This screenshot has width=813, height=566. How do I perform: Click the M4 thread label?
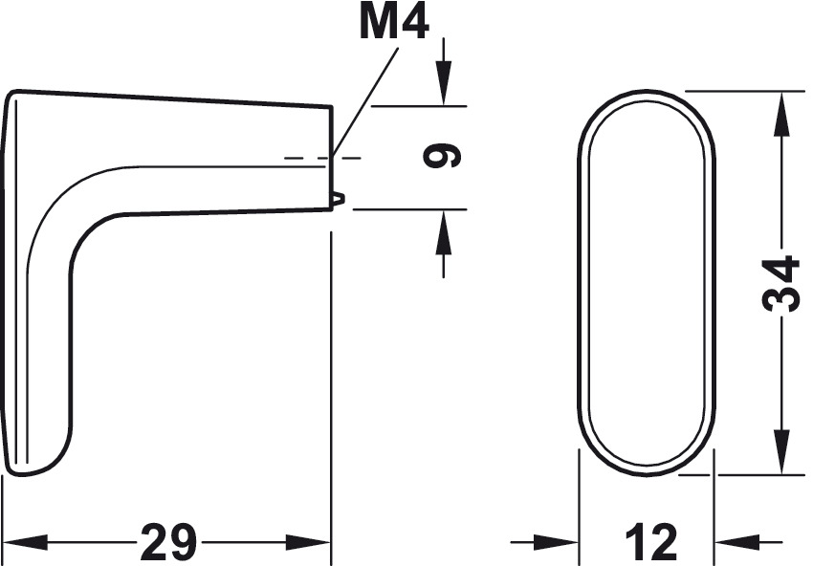[x=394, y=23]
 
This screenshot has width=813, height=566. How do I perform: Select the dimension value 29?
[x=169, y=543]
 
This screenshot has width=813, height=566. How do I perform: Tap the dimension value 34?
[x=780, y=284]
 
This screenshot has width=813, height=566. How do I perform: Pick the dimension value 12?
[x=651, y=543]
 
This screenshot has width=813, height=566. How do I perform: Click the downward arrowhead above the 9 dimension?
[x=443, y=83]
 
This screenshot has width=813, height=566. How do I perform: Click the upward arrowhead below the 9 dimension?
[x=443, y=231]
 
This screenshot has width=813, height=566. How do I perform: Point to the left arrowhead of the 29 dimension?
[x=25, y=543]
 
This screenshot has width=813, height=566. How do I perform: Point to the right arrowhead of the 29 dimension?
[x=308, y=543]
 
